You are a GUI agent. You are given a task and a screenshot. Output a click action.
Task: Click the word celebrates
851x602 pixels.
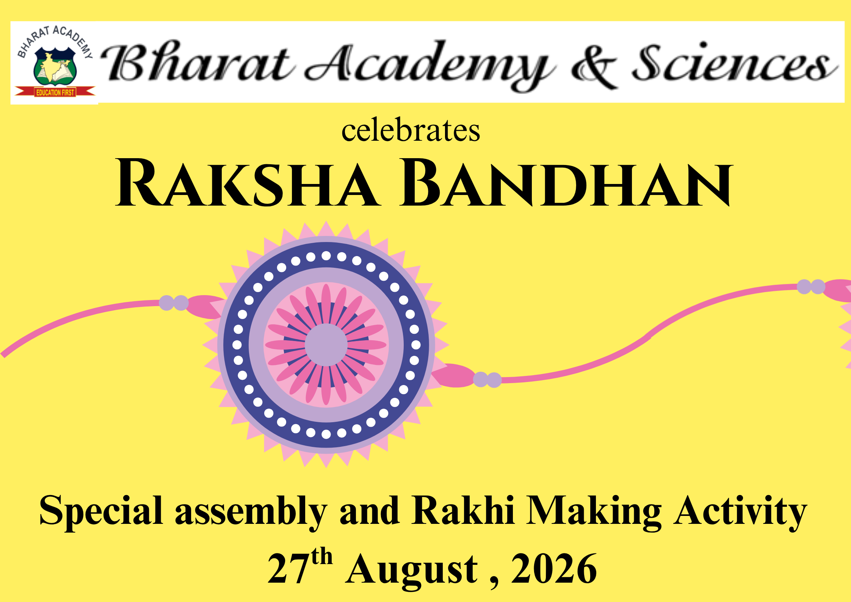point(411,130)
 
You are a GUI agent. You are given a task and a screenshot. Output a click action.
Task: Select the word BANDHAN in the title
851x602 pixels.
point(566,183)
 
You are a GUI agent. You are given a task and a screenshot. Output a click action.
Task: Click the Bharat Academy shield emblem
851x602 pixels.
point(55,66)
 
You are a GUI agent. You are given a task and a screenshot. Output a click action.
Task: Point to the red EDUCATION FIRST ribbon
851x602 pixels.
point(55,92)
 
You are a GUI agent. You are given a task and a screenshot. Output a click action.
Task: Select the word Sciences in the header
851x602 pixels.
point(734,63)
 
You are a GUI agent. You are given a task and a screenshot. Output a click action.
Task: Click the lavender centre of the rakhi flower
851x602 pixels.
point(326,345)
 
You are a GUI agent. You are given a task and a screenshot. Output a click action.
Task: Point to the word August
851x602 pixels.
point(412,570)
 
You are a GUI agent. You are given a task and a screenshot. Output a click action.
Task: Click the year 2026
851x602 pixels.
point(554,568)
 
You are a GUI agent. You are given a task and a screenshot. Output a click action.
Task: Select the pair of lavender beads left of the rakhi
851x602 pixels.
point(174,303)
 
